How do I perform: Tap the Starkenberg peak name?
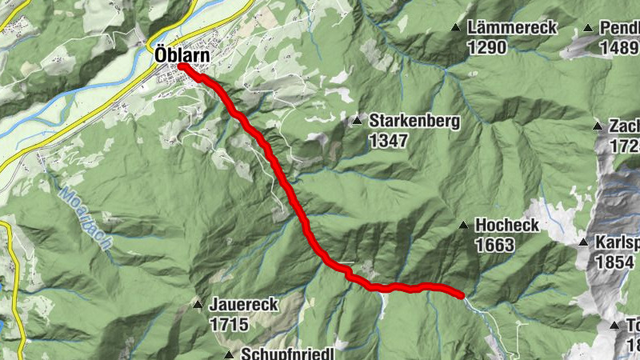tap(414, 122)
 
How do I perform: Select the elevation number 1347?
tap(389, 141)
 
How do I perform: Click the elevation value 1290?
tap(487, 47)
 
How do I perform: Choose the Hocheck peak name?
tap(507, 226)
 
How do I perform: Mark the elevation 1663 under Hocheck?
tap(494, 245)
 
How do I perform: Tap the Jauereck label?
tap(243, 305)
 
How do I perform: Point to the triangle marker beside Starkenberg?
tap(357, 121)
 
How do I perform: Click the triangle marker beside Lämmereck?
tap(456, 28)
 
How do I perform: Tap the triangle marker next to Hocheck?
tap(462, 226)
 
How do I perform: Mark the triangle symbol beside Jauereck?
tap(197, 305)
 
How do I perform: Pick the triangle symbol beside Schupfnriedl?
tap(228, 354)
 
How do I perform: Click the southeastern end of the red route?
tap(462, 295)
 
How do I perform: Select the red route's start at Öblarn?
tap(182, 67)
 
